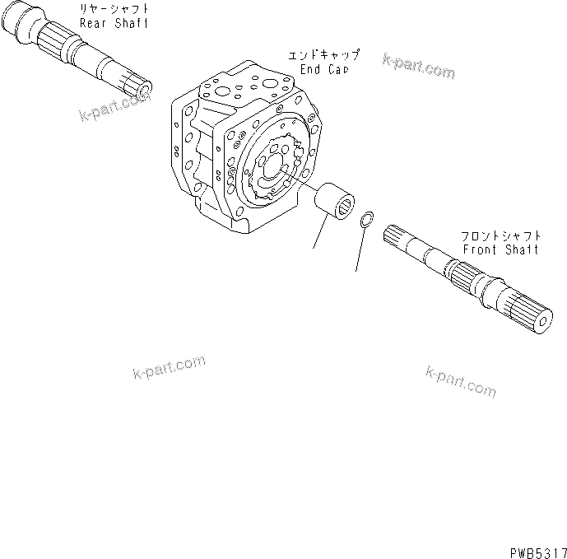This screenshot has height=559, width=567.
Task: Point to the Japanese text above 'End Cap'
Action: coord(323,56)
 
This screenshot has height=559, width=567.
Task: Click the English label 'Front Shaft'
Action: coord(500,249)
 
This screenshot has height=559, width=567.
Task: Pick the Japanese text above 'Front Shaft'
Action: coord(500,235)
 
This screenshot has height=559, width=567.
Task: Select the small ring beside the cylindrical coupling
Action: coord(369,220)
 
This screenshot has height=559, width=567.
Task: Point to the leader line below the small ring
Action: coord(359,251)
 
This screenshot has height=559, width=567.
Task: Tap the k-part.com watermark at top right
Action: coord(418,67)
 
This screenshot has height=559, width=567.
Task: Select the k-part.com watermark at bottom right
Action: coord(460,380)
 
